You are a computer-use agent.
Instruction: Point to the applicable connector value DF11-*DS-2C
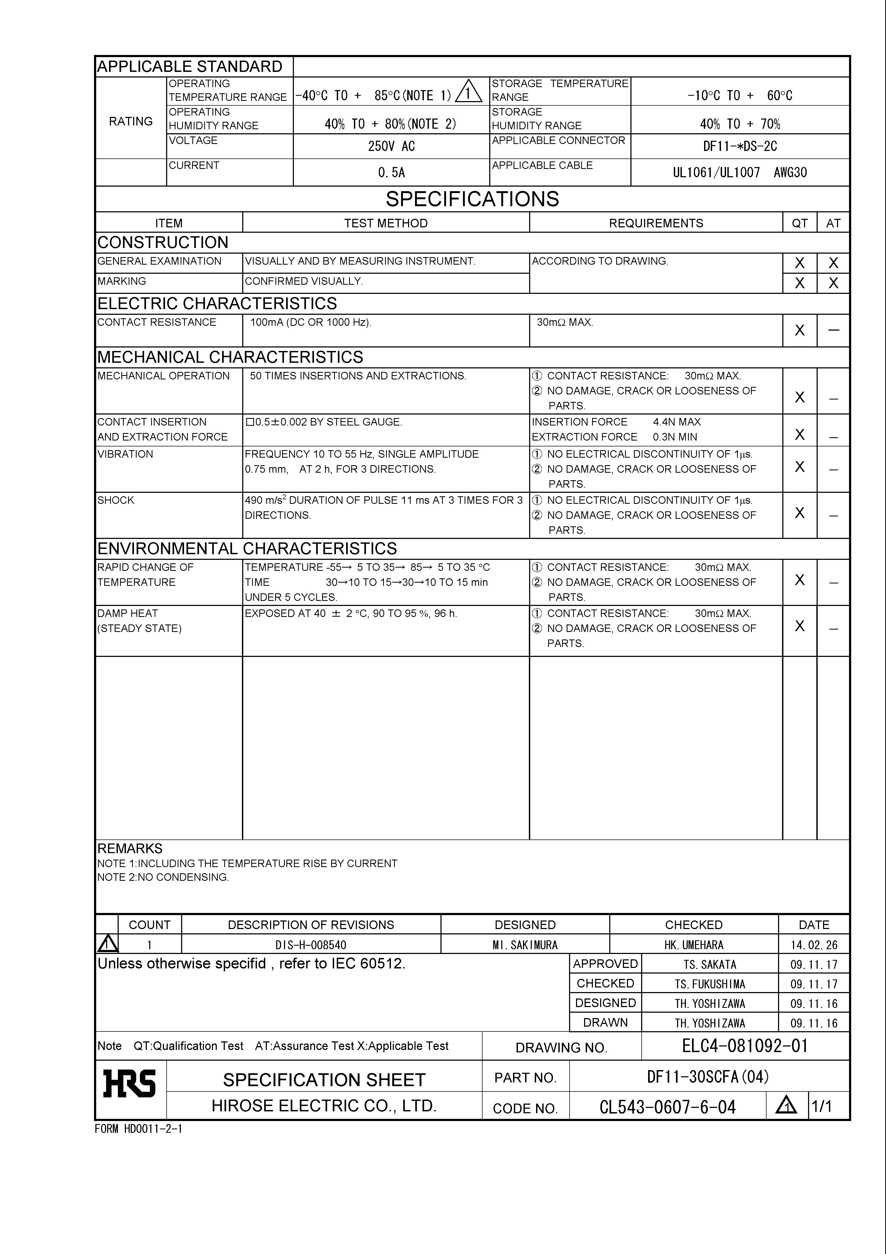(740, 146)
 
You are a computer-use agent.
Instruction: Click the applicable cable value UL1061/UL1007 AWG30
(740, 173)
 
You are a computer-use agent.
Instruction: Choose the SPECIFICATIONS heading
(472, 199)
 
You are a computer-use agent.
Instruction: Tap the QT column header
(800, 223)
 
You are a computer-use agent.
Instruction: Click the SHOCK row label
(116, 500)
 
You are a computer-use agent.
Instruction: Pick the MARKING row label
(122, 281)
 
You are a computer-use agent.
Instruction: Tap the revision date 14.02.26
(813, 945)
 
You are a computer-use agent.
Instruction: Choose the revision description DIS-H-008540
(311, 945)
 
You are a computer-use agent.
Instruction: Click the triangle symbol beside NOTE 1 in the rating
(468, 92)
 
